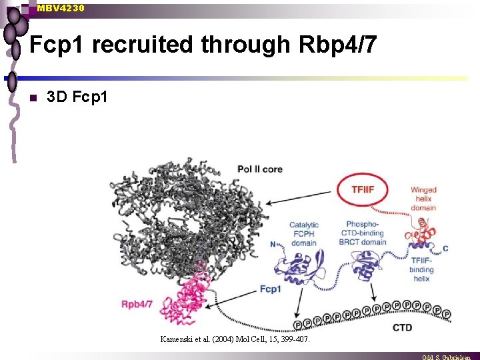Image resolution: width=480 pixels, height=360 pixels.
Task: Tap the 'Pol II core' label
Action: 260,169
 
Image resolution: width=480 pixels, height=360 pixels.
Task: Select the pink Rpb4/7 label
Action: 137,304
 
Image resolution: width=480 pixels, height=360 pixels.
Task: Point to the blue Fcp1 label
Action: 270,289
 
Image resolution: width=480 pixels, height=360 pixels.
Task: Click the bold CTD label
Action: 403,327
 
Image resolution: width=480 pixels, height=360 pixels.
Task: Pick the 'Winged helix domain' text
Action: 423,199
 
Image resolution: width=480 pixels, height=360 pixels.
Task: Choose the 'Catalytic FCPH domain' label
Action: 304,233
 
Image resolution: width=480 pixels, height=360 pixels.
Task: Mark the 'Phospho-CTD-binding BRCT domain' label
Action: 365,233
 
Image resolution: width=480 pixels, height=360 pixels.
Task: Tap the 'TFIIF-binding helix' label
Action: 421,269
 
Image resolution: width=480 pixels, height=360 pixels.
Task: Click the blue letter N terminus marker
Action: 273,244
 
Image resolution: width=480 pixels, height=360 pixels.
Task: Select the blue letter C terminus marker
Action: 445,249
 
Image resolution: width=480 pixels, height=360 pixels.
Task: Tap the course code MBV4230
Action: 61,7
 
